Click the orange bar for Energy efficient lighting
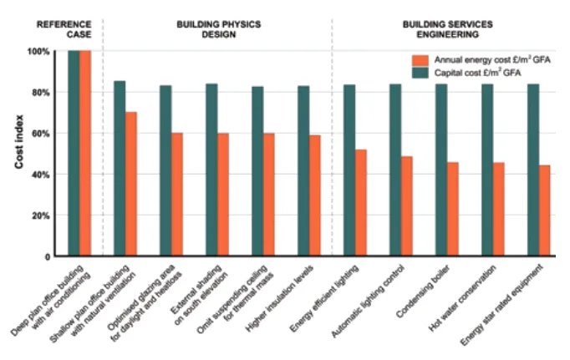pos(360,203)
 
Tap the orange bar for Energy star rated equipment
pos(544,210)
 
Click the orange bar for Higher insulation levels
pos(314,195)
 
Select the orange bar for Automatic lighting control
pos(406,206)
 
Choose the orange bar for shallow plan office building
pos(131,184)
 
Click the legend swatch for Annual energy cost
pos(420,60)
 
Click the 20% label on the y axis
pos(39,215)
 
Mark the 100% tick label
pos(38,51)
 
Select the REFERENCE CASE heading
pos(64,30)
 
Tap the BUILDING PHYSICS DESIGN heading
pos(218,30)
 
